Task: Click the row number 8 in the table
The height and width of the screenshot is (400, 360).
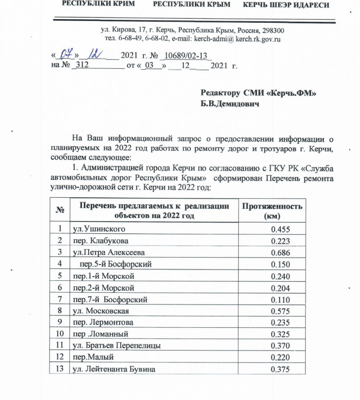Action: coord(59,311)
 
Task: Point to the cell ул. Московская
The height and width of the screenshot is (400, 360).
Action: coord(101,311)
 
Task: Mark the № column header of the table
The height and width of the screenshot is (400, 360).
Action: coord(61,211)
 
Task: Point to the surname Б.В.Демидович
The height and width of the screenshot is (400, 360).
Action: coord(230,105)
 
